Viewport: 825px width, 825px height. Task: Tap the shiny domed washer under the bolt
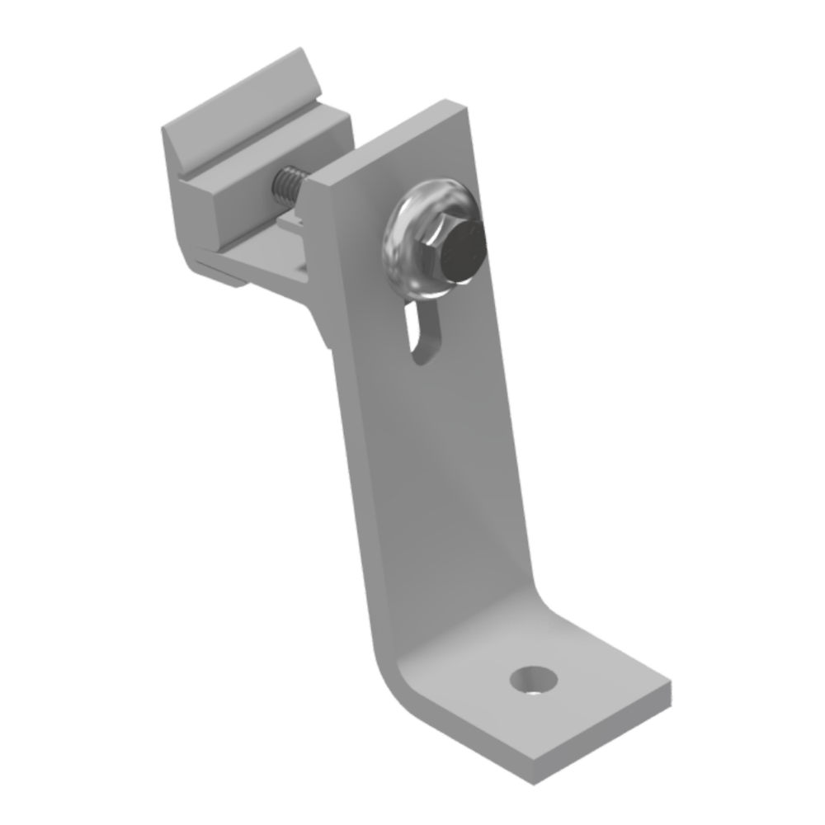tap(404, 247)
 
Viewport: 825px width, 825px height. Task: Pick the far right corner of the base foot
tap(671, 686)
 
